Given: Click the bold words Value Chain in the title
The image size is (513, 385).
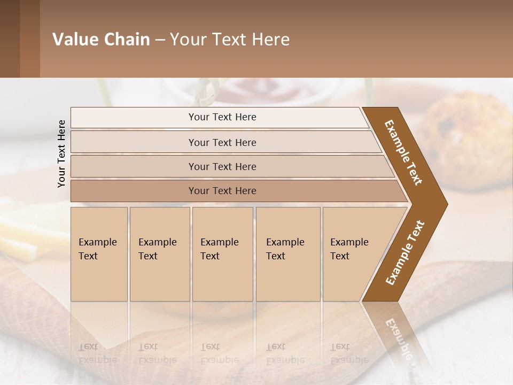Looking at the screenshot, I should (x=101, y=40).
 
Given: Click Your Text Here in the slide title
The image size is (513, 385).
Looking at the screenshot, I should (x=230, y=40).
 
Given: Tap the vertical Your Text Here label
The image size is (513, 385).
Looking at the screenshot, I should (x=61, y=153).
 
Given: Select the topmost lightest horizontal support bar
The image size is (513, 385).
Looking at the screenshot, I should (x=219, y=117).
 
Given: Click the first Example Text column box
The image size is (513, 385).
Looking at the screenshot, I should (x=99, y=254).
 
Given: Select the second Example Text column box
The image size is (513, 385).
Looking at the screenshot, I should (x=159, y=254).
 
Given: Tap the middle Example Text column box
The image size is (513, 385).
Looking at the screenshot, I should (x=222, y=254).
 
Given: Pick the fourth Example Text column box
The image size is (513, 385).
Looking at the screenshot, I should (x=287, y=254).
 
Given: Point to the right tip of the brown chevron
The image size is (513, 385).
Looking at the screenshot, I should (x=444, y=204).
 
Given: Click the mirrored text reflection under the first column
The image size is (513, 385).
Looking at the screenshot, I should (x=98, y=353).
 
